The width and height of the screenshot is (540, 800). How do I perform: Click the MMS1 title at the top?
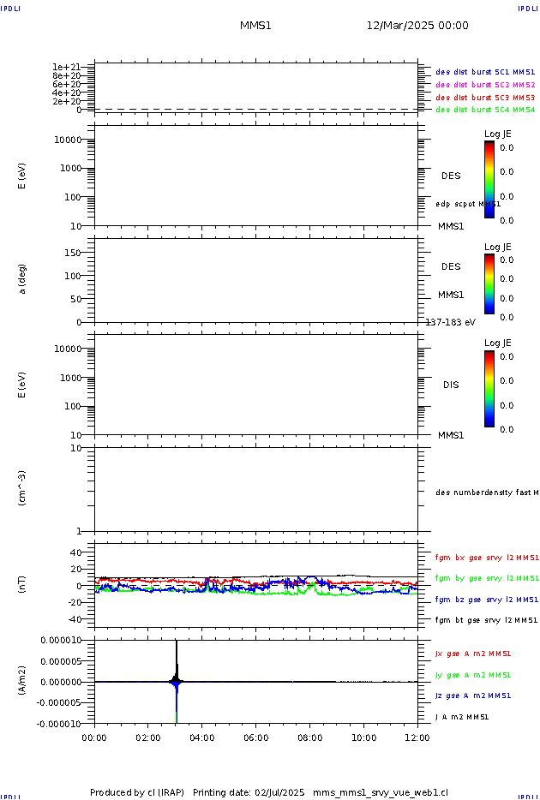(255, 26)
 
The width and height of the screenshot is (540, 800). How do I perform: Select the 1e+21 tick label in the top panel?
(66, 67)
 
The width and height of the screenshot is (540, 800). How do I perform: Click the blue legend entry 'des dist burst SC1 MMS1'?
(485, 73)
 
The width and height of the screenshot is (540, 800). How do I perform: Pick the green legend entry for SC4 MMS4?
(485, 110)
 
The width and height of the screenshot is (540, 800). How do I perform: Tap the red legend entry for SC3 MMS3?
(485, 98)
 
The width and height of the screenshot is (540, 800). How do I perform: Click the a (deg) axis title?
(22, 278)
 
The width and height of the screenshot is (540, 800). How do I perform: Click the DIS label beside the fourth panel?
(450, 385)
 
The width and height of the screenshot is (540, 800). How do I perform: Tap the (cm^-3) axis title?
(22, 487)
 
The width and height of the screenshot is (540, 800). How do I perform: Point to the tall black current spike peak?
(176, 642)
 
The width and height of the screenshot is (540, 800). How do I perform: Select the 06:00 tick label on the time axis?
(256, 737)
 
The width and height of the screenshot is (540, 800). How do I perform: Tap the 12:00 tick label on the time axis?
(417, 737)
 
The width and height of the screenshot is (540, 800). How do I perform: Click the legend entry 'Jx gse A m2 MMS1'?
(473, 654)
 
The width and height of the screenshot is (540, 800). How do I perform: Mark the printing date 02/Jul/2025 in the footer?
(280, 792)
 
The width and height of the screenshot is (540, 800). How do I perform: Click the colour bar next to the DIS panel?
(489, 389)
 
